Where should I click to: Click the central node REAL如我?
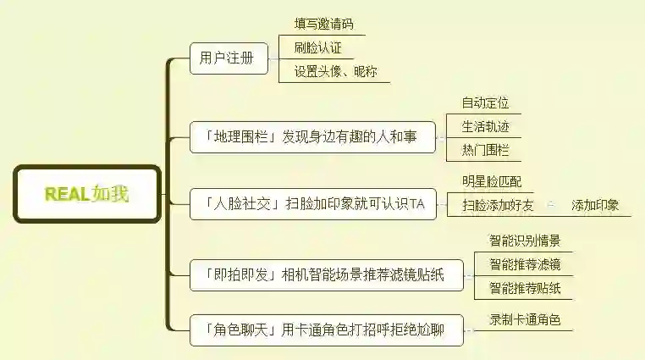(86, 194)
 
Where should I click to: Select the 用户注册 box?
(228, 58)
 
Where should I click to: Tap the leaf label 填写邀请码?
(323, 24)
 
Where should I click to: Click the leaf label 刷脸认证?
(317, 47)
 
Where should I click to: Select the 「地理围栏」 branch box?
(312, 136)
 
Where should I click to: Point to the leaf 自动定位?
(485, 103)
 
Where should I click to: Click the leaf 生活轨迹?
(485, 127)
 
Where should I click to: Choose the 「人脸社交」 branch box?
(312, 204)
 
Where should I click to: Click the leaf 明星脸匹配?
(492, 181)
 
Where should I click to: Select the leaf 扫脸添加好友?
(498, 205)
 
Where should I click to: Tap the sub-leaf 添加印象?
(595, 205)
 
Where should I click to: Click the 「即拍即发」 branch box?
(326, 274)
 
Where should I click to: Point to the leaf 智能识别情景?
(525, 241)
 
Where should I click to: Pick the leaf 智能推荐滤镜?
(525, 265)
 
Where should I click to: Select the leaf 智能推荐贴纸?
(525, 289)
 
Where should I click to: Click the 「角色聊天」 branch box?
(326, 329)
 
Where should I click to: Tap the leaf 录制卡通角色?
(525, 321)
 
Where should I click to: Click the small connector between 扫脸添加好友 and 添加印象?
(551, 205)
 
